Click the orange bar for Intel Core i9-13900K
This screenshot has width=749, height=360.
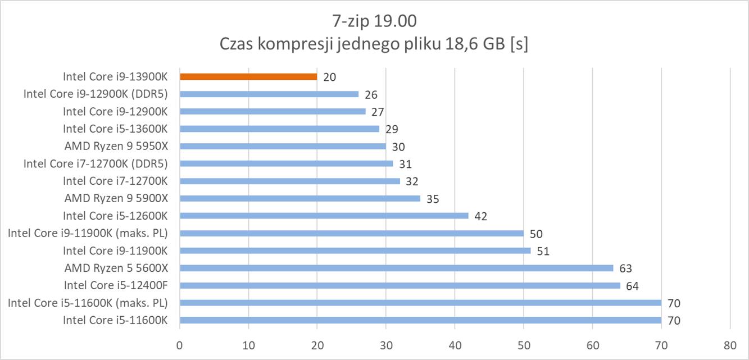pos(248,76)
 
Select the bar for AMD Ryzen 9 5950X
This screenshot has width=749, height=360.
pos(283,146)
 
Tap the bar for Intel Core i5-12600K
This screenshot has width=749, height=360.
pos(324,216)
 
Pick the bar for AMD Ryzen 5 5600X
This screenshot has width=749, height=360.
pos(396,268)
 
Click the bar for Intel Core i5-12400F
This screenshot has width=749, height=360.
pos(400,285)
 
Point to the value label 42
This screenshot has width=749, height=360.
pos(480,216)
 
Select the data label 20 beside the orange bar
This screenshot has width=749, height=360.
pos(329,77)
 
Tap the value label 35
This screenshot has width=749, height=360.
pos(432,199)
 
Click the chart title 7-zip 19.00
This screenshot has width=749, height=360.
pos(374,21)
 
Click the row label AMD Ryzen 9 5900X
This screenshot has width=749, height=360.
pos(116,198)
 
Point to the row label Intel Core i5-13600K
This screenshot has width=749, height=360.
pos(116,129)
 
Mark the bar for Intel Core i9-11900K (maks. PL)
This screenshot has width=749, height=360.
pos(351,233)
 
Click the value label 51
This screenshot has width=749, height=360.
pos(543,251)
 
